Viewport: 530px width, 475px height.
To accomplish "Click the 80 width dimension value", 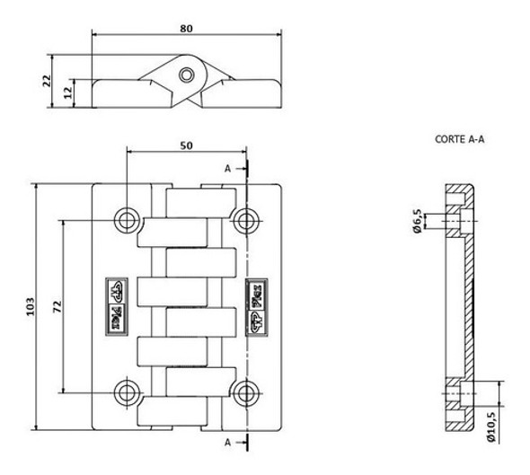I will click(186, 28).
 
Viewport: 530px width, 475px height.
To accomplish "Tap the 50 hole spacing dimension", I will click(185, 145).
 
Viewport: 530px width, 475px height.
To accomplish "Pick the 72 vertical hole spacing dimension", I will click(56, 306).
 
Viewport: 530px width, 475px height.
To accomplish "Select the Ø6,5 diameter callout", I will click(419, 219).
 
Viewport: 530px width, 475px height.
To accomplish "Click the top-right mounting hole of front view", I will click(243, 219).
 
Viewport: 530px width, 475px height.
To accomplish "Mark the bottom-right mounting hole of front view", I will click(243, 391).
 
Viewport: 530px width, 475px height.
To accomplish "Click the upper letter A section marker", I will click(228, 168).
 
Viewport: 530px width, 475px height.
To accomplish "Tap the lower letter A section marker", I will click(228, 443).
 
